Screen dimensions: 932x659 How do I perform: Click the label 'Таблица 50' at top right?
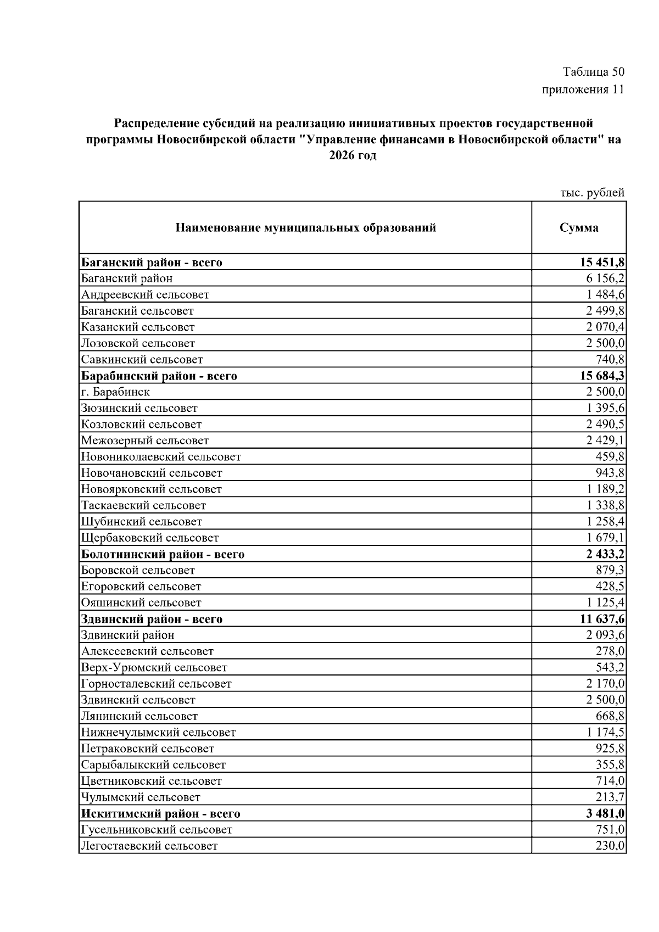(x=594, y=72)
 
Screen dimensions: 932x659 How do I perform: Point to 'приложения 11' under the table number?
(x=583, y=90)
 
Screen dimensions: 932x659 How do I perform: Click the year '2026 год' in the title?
(x=353, y=155)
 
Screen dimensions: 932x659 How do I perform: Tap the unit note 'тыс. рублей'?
(x=592, y=193)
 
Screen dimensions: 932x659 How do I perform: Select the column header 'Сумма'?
(x=579, y=227)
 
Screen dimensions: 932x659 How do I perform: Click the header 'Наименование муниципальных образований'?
(x=305, y=227)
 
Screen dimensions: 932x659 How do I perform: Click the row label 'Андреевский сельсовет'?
(x=145, y=294)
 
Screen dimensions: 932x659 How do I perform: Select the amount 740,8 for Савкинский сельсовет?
(x=610, y=360)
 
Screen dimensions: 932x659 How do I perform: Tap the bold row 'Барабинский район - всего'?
(x=159, y=376)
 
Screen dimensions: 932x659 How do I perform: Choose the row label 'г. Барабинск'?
(x=115, y=392)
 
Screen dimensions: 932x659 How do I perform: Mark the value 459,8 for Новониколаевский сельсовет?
(x=610, y=457)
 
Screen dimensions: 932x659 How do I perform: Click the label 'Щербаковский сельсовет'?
(x=150, y=538)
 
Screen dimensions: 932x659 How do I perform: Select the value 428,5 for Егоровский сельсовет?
(x=610, y=587)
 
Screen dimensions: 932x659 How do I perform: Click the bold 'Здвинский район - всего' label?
(x=152, y=619)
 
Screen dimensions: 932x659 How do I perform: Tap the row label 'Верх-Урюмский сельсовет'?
(x=154, y=668)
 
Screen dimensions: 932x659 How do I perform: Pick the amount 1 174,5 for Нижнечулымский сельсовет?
(x=605, y=733)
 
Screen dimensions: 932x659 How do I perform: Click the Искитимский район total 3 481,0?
(x=605, y=813)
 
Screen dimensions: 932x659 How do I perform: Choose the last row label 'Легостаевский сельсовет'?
(x=149, y=846)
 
